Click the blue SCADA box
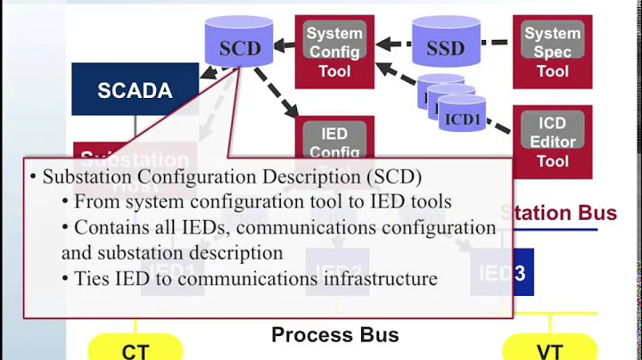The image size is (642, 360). pos(135,89)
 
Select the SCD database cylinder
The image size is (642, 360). pos(238,42)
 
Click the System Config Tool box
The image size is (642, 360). pos(334,51)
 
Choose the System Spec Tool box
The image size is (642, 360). pos(553,51)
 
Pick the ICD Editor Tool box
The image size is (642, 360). pos(553,141)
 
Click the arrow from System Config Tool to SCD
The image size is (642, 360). pos(284,44)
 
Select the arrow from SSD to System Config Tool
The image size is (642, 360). pos(392,44)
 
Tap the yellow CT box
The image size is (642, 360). pos(136,349)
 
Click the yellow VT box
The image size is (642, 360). pos(550,349)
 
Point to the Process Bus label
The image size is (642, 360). pos(334,335)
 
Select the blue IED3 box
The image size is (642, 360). pos(503,273)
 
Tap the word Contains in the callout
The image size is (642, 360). pos(108,227)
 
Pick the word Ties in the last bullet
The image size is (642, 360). pos(92,279)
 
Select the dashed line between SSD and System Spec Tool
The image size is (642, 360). pos(497,43)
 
